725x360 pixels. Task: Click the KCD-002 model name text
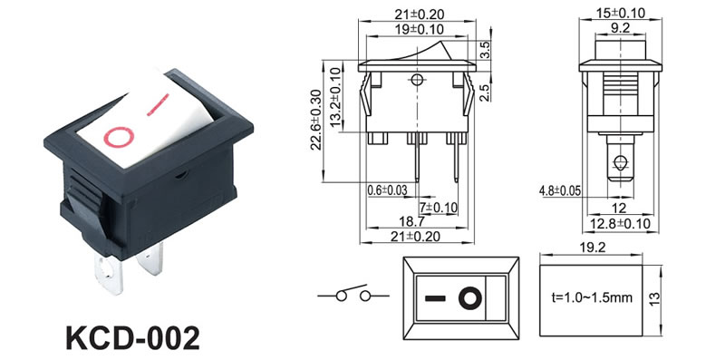click(132, 338)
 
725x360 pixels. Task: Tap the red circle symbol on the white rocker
click(119, 138)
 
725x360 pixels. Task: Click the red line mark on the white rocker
click(158, 104)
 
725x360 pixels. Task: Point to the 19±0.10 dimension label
click(420, 29)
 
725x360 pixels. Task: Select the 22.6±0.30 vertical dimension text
click(315, 120)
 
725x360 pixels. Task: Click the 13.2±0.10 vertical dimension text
click(335, 97)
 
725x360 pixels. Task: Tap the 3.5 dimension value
click(485, 50)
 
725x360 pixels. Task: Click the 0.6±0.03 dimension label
click(388, 190)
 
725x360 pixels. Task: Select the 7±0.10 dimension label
click(438, 207)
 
